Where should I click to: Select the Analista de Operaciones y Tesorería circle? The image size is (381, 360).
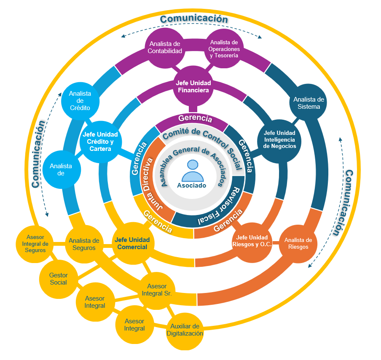click(x=224, y=48)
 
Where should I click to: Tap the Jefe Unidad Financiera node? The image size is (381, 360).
click(x=193, y=87)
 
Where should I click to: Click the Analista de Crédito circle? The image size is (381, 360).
click(x=80, y=100)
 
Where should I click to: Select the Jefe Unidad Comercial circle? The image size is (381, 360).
click(x=132, y=243)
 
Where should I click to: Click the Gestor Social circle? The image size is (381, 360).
click(x=59, y=279)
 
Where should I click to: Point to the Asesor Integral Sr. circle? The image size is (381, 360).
click(x=157, y=290)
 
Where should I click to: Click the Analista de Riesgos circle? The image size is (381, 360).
click(x=298, y=244)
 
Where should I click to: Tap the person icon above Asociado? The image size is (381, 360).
click(x=192, y=170)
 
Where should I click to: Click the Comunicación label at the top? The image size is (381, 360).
click(x=194, y=19)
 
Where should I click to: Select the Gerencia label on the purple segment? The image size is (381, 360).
click(x=195, y=118)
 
